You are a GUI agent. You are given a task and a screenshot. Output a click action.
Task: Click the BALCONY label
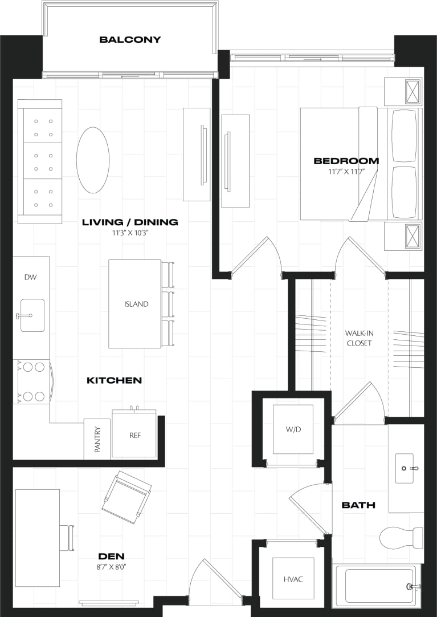point(130,40)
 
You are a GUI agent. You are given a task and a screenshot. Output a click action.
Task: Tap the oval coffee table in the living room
point(93,160)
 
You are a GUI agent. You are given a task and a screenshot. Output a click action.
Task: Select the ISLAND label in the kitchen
point(136,304)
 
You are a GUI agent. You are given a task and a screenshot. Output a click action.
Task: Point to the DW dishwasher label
point(30,277)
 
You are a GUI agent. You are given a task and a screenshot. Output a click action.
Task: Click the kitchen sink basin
point(32,315)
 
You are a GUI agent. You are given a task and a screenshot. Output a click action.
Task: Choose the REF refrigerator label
point(135,435)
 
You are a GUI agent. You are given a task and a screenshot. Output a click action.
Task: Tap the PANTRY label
point(97,440)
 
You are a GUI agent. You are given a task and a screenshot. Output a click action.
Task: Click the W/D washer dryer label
point(293,429)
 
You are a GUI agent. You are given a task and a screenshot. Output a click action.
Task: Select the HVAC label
point(293,579)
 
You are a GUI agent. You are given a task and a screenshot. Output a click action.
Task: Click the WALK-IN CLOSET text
point(358,338)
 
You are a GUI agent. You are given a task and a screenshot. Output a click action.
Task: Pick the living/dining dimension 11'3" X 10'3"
point(130,233)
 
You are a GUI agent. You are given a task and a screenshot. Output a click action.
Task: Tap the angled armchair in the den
point(126,497)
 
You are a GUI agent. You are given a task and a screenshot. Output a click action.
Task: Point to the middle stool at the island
point(168,304)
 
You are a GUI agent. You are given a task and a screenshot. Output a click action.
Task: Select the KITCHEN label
point(114,380)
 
